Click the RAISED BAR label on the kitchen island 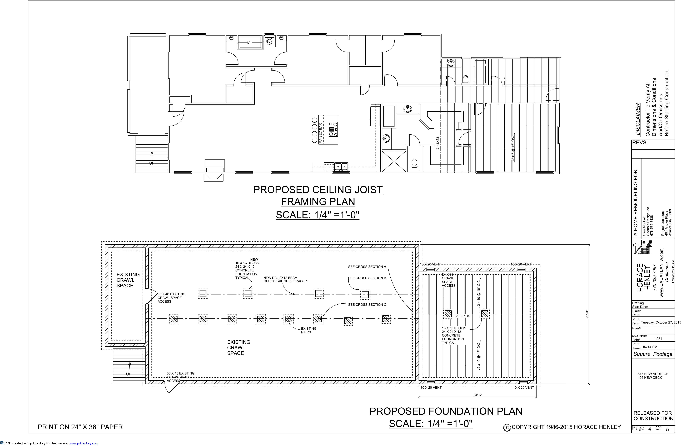tap(320, 133)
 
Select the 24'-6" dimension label tap(478, 395)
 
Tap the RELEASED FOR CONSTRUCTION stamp tap(653, 416)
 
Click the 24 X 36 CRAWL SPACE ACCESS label tap(448, 280)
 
